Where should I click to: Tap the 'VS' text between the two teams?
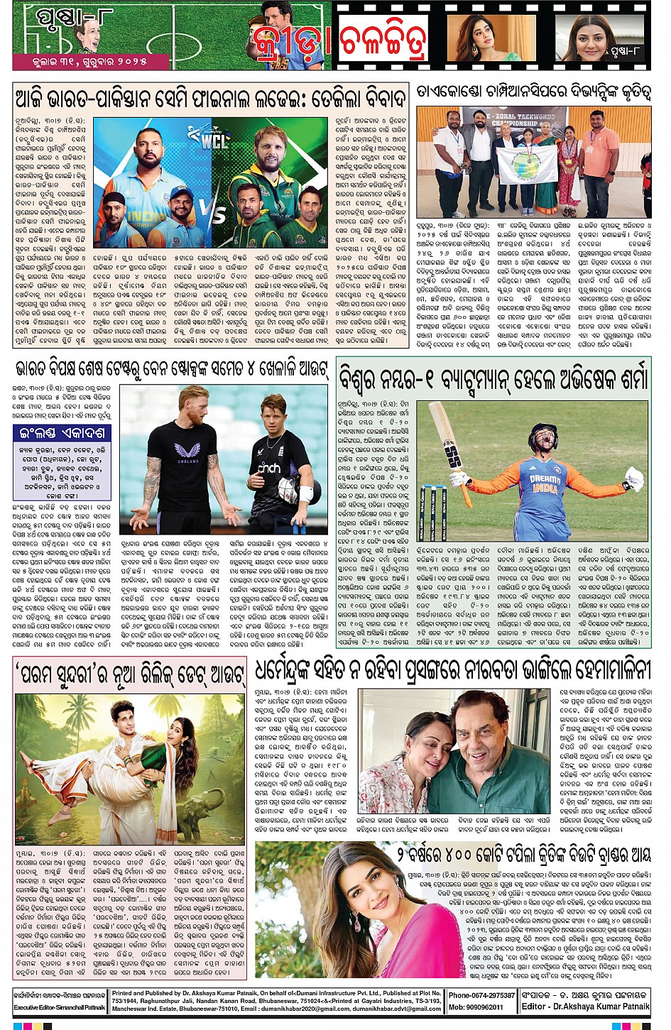(218, 213)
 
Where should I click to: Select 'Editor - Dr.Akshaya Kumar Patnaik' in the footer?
(585, 1007)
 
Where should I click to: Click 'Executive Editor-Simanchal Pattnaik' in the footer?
(60, 1007)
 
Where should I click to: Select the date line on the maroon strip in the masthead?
(89, 62)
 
